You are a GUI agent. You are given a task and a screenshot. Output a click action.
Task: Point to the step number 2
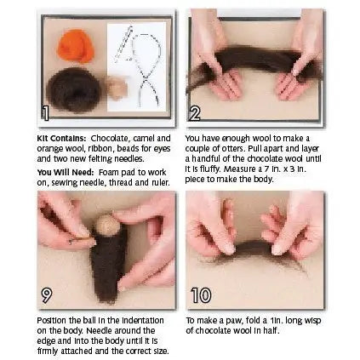click(x=196, y=111)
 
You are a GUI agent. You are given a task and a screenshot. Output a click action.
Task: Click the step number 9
click(x=46, y=294)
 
